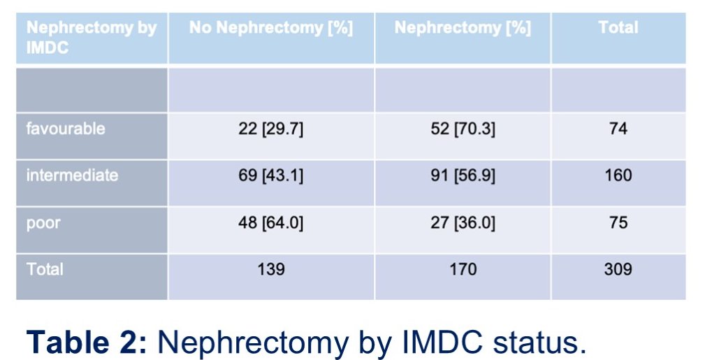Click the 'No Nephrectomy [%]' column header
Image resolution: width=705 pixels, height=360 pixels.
pos(271,28)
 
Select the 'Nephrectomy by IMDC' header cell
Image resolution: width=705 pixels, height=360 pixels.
pos(92,37)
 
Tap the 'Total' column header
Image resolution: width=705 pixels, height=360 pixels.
pos(618,27)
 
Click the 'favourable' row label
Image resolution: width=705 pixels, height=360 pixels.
pos(66,129)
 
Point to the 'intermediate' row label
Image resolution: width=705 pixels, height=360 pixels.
pos(72,175)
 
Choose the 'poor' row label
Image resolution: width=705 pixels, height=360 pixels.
pos(43,223)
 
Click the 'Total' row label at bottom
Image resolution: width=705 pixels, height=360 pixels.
pos(45,269)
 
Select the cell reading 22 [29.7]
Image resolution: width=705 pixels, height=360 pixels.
pos(271,129)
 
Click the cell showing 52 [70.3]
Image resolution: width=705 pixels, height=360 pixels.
pos(463,129)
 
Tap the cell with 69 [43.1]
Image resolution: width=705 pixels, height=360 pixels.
pos(271,175)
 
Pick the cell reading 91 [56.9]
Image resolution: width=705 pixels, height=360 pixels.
pos(463,175)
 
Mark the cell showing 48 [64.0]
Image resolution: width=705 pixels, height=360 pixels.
pos(271,223)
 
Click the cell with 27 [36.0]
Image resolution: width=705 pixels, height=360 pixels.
pos(463,223)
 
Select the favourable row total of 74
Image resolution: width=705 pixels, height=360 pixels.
pos(618,129)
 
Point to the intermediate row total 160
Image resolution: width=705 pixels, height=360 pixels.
pos(618,175)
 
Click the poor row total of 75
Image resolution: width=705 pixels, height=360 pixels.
pos(618,222)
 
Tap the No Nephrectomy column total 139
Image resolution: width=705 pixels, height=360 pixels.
pos(271,269)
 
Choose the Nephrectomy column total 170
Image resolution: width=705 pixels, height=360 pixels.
pos(463,269)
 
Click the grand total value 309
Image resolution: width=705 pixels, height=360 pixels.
pos(618,269)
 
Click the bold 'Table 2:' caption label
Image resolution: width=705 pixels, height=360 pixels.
pos(87,342)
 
